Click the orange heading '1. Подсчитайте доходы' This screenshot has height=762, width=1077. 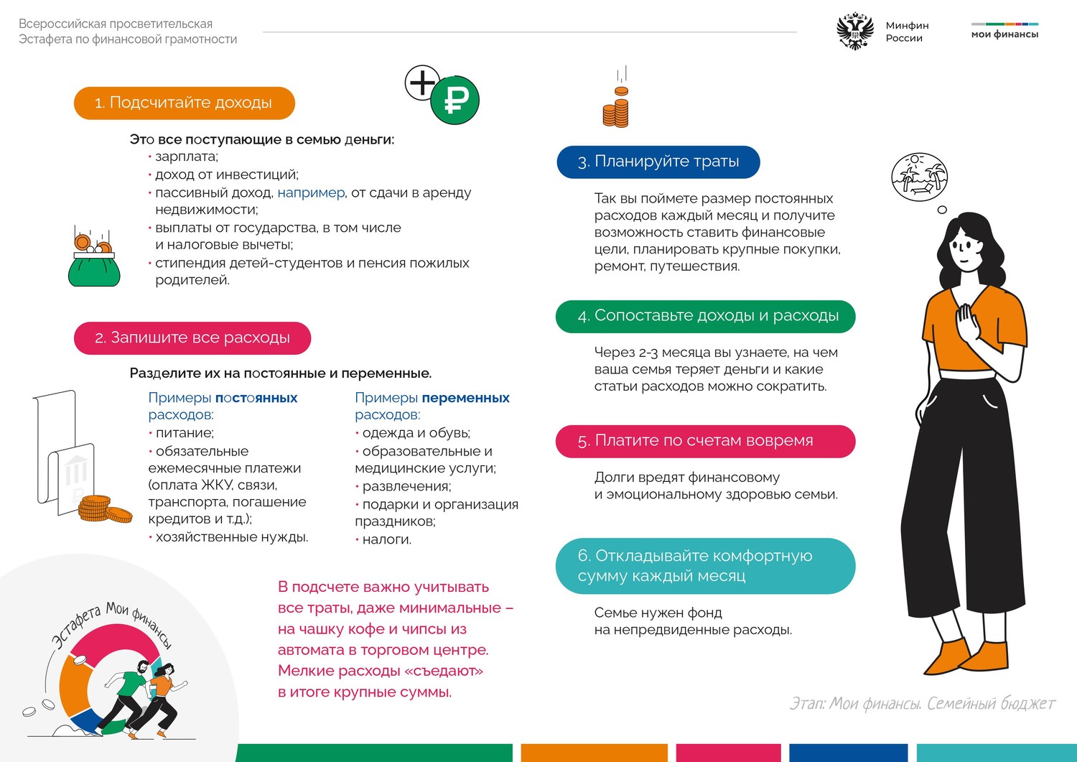(184, 103)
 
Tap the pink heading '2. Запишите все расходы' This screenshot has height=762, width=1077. (192, 338)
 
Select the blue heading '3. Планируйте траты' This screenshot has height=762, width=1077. (658, 162)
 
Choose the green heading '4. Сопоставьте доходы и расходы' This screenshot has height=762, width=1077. (705, 316)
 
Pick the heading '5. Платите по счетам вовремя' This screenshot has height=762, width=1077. (705, 441)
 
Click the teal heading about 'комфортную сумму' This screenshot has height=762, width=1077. (705, 566)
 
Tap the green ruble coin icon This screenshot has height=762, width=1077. (454, 101)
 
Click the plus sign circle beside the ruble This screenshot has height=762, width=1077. (422, 83)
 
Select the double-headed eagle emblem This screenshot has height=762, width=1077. (855, 32)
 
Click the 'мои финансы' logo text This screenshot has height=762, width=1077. (1004, 34)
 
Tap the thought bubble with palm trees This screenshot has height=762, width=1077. (919, 177)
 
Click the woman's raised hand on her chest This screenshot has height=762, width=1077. (966, 320)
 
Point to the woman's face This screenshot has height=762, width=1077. (964, 248)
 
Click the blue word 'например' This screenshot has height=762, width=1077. (311, 192)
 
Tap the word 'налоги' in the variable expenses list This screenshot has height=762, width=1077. (386, 539)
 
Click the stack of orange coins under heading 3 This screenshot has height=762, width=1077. (615, 110)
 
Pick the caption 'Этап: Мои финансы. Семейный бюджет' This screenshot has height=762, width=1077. (922, 703)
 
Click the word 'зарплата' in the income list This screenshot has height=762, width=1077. (186, 157)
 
